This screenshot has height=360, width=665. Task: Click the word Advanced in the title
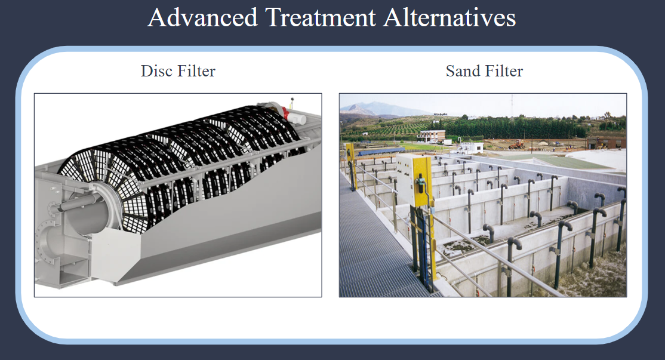(x=203, y=17)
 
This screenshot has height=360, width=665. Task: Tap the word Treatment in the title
(x=321, y=17)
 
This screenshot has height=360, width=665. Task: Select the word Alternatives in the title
(x=450, y=17)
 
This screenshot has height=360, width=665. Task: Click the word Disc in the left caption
(x=157, y=71)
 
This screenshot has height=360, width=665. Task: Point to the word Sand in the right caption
(x=463, y=71)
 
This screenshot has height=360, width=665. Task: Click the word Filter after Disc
(x=196, y=71)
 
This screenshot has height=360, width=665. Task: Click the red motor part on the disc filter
(x=287, y=113)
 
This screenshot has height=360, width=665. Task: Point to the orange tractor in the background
(x=516, y=144)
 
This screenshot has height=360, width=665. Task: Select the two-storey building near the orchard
(x=432, y=136)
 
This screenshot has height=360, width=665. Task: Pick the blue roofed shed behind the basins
(x=381, y=151)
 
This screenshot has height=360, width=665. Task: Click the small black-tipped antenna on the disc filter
(x=293, y=101)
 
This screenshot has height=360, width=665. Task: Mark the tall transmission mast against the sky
(x=512, y=106)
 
